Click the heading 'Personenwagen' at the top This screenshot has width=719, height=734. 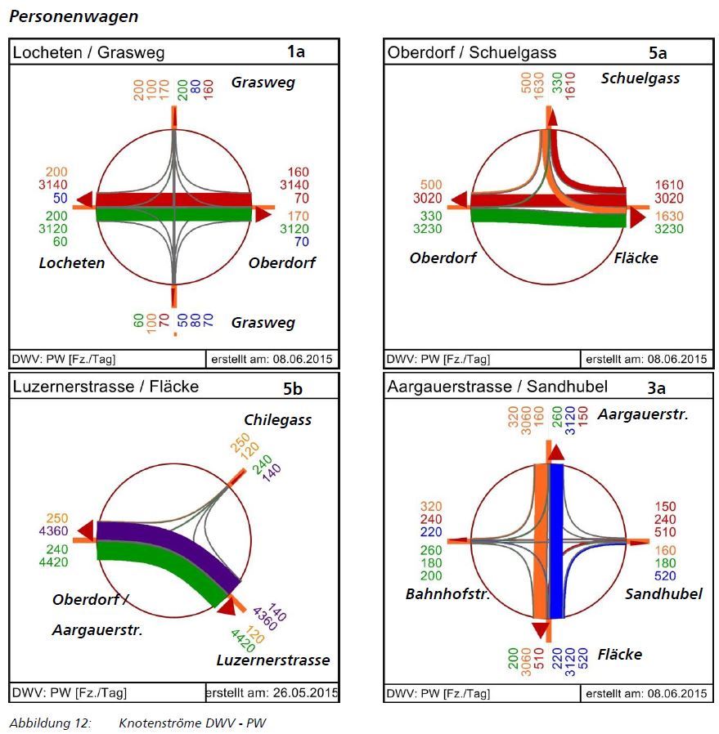tap(74, 16)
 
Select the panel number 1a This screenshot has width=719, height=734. tap(296, 52)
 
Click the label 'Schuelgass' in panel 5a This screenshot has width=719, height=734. tap(640, 78)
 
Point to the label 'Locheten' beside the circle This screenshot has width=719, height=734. tap(72, 262)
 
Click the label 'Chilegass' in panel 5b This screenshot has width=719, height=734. tap(277, 419)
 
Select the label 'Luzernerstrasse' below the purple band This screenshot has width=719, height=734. tap(273, 660)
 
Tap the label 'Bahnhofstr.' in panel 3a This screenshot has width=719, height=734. tap(447, 594)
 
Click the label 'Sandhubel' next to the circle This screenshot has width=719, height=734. tap(663, 594)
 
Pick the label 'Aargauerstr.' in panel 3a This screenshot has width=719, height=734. tap(643, 414)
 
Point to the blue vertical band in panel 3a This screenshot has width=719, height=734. tap(557, 539)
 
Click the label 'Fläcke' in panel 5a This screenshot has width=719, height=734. tap(636, 258)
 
